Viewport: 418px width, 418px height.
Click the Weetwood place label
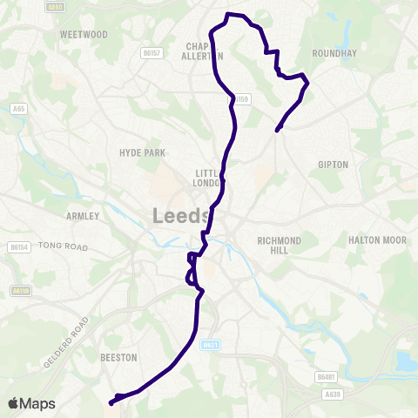click(x=84, y=34)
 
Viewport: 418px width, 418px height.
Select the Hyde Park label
click(x=142, y=152)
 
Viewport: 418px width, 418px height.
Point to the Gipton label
click(x=334, y=164)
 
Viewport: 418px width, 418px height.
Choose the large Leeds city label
click(x=181, y=215)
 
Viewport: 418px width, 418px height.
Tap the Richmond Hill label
click(x=279, y=245)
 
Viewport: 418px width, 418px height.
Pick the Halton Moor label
click(x=372, y=240)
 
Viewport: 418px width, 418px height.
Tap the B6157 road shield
click(x=152, y=53)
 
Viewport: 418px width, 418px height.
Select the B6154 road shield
click(x=18, y=247)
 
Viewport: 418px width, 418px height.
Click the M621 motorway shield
click(x=209, y=346)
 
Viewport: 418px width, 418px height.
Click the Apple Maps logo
click(x=31, y=403)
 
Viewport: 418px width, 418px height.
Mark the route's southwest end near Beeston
click(x=111, y=403)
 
